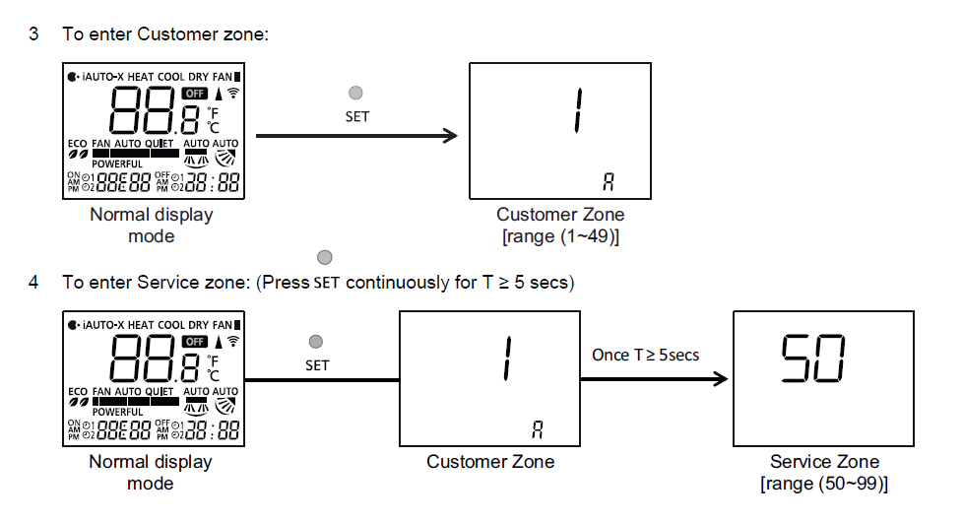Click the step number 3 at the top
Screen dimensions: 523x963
(x=34, y=34)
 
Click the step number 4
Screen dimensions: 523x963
(x=34, y=283)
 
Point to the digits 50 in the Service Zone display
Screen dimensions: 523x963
(x=813, y=360)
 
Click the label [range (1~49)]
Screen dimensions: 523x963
(x=559, y=236)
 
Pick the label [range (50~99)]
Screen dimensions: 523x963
(x=824, y=484)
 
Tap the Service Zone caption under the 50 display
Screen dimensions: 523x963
(x=824, y=462)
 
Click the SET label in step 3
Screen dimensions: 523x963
(x=356, y=115)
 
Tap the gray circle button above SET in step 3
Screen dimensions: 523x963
(x=356, y=94)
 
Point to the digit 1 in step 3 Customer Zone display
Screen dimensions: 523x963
(x=576, y=111)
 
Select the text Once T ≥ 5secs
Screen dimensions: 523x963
(x=646, y=354)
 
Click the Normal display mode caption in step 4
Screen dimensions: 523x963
(x=151, y=473)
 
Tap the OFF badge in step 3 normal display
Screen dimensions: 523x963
(x=195, y=94)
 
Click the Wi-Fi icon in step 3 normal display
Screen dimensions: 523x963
(x=233, y=94)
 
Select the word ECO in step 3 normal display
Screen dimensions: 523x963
(x=77, y=143)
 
